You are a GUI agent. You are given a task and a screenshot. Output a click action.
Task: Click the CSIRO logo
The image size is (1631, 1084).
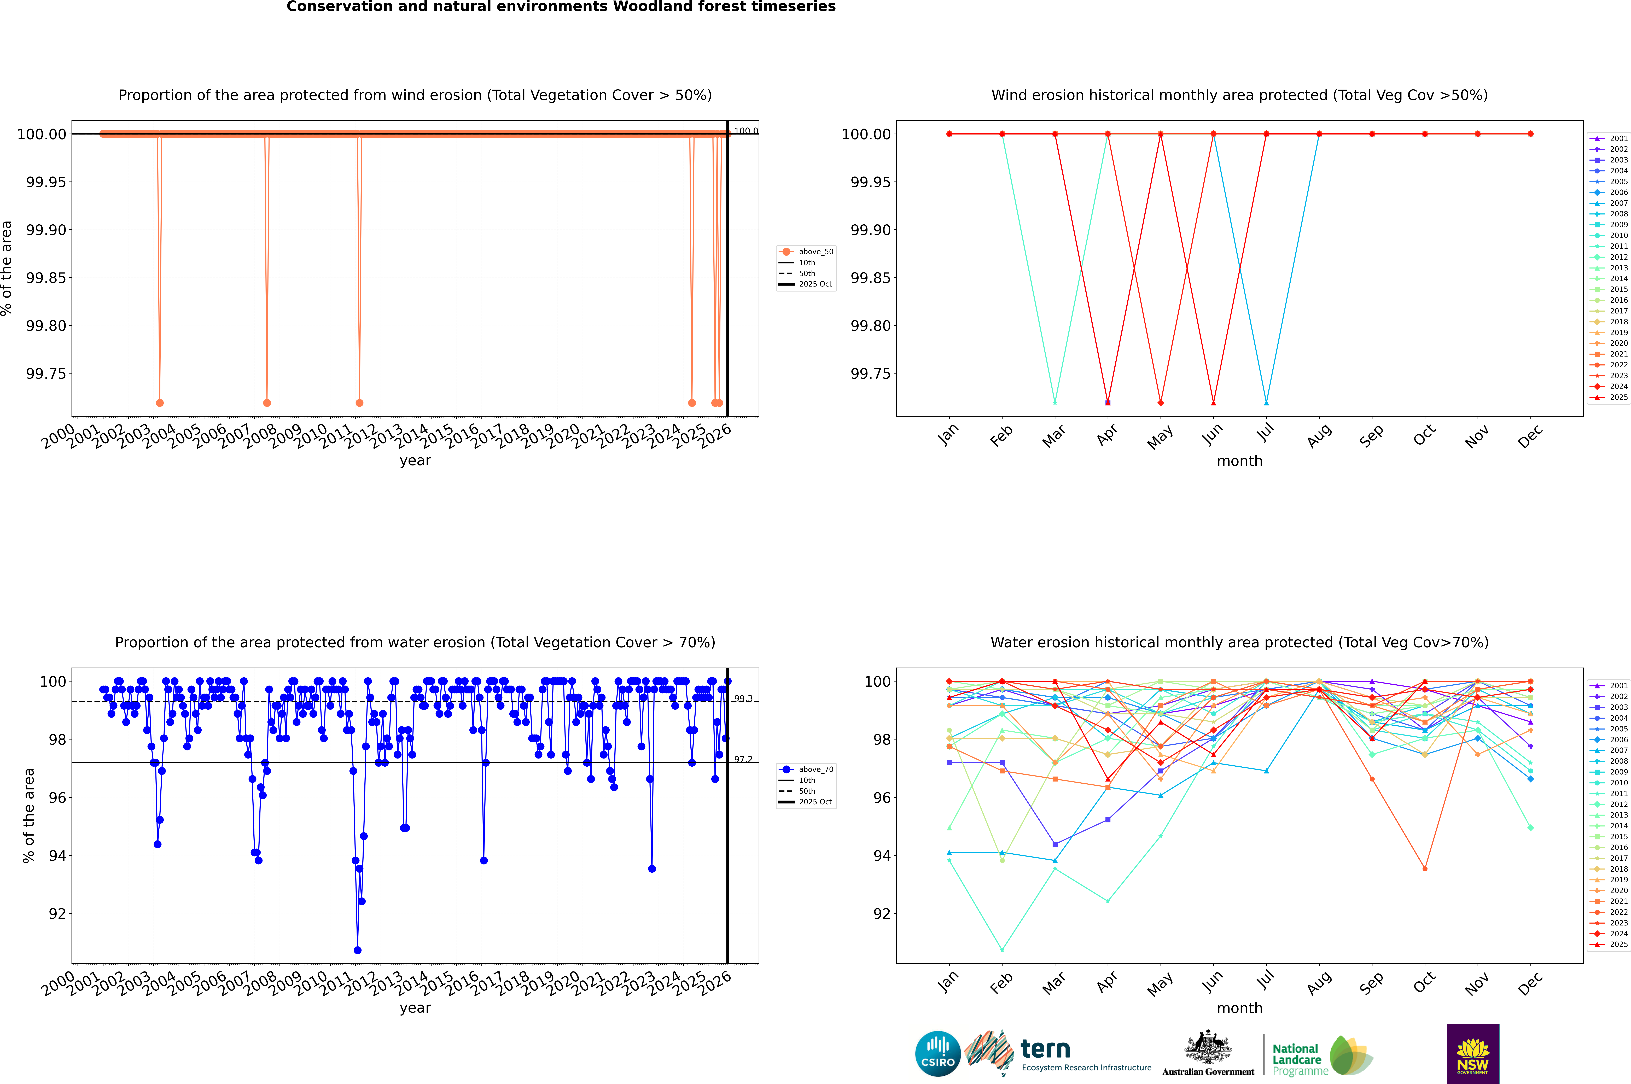(937, 1054)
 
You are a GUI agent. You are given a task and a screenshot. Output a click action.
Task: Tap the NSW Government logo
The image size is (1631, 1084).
(1473, 1054)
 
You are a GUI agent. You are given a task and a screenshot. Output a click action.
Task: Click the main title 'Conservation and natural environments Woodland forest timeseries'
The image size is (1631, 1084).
(561, 7)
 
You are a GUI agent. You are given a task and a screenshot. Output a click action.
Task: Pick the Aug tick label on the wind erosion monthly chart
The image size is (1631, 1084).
(1319, 435)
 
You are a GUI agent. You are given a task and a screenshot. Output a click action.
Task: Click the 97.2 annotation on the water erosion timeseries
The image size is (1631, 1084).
(743, 759)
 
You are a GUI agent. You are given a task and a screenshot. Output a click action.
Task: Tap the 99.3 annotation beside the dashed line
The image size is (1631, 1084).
(743, 699)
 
